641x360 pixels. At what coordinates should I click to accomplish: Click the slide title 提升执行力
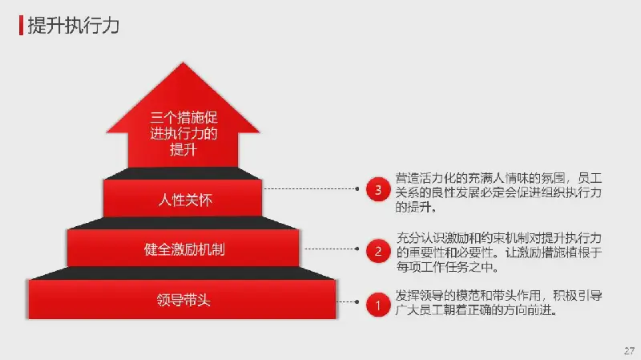[x=73, y=26]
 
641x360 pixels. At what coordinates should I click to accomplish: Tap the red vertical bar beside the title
[x=21, y=26]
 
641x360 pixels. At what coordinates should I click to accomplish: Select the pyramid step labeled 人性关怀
[x=183, y=198]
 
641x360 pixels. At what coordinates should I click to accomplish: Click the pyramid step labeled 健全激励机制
[x=183, y=248]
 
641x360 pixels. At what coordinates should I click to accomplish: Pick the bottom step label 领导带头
[x=183, y=301]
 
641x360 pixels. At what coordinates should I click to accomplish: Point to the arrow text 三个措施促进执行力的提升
[x=183, y=133]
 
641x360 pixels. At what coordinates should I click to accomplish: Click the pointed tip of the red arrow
[x=183, y=63]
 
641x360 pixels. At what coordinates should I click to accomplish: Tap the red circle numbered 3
[x=378, y=189]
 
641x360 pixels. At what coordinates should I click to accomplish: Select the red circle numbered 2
[x=378, y=250]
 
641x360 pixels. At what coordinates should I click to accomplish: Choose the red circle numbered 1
[x=378, y=305]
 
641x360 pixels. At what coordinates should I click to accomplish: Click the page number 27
[x=629, y=350]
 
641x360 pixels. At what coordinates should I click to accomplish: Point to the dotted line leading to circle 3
[x=312, y=189]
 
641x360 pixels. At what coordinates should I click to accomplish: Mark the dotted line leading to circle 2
[x=332, y=249]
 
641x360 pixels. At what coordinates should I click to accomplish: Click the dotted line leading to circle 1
[x=348, y=302]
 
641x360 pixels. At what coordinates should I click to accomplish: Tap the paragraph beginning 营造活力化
[x=498, y=192]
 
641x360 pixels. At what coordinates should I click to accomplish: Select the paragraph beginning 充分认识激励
[x=498, y=253]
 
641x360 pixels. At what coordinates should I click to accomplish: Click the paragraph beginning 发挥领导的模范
[x=498, y=303]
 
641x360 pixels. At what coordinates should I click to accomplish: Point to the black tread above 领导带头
[x=183, y=273]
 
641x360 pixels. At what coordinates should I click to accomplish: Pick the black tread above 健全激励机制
[x=183, y=223]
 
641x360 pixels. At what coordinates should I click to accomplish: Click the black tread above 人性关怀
[x=183, y=173]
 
